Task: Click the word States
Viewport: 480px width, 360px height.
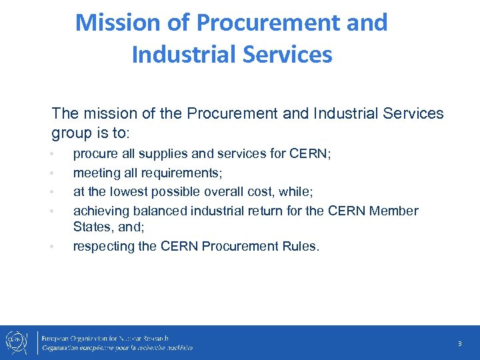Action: point(93,227)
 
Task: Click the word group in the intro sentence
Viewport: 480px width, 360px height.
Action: point(71,133)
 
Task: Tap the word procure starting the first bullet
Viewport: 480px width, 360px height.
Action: point(96,154)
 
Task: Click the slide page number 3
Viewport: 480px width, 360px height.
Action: point(459,344)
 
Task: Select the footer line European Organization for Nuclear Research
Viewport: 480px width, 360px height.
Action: point(106,338)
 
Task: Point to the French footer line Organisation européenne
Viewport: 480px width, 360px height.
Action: point(117,347)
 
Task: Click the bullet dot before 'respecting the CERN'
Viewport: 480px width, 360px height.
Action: point(52,247)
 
